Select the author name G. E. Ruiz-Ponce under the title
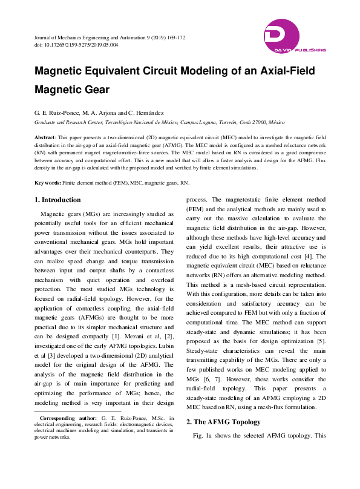tap(61, 113)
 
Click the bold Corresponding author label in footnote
tap(67, 418)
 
